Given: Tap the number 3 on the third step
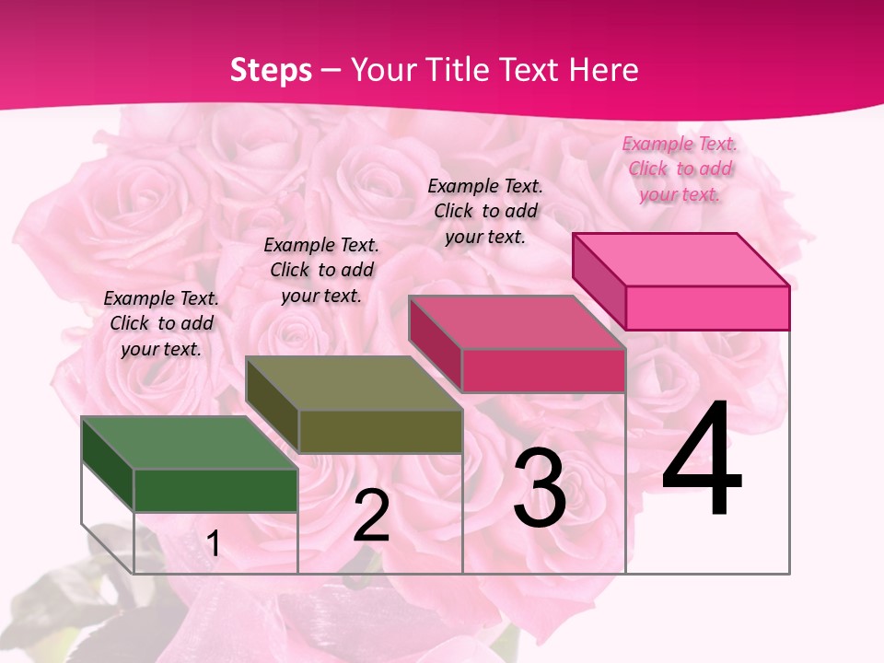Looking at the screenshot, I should [540, 488].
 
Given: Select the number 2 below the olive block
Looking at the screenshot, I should [371, 516].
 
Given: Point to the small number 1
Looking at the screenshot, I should [214, 544].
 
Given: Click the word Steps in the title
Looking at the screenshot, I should [271, 70].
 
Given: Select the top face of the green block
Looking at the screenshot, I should [189, 443].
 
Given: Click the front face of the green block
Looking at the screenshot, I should [215, 490].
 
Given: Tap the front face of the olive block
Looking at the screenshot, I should [379, 431].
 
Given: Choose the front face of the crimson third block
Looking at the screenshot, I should [543, 370].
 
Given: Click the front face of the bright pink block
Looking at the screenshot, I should [707, 308].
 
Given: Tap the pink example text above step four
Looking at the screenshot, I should [680, 169].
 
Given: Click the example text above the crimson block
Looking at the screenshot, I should [485, 211].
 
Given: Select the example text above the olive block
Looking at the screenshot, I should [321, 270].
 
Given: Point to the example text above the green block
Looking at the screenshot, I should [161, 323].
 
